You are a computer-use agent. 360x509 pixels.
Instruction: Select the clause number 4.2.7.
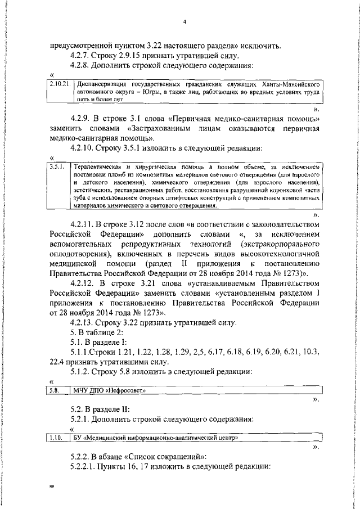(x=82, y=55)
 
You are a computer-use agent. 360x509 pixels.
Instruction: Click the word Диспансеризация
(x=103, y=84)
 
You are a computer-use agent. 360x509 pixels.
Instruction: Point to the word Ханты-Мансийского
(x=292, y=84)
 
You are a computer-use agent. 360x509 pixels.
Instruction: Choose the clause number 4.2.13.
(x=84, y=322)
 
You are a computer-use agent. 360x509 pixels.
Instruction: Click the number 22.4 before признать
(x=58, y=362)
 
